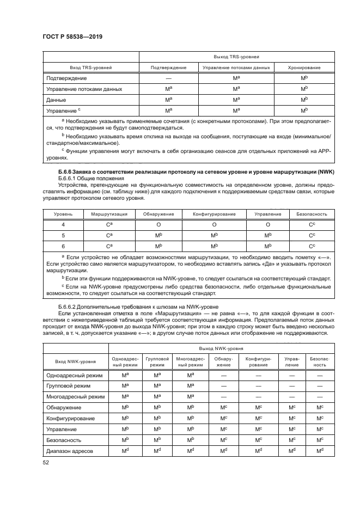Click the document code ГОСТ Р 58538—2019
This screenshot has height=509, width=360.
point(72,36)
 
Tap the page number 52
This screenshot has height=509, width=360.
point(46,462)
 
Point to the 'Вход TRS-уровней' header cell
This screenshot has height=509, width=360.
point(90,68)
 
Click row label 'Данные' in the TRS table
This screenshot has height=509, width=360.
point(57,100)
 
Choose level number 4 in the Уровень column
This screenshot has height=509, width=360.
point(63,224)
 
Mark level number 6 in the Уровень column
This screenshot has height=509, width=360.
point(63,246)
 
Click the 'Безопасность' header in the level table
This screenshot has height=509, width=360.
point(312,214)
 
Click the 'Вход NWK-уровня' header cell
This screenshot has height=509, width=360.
point(76,360)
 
